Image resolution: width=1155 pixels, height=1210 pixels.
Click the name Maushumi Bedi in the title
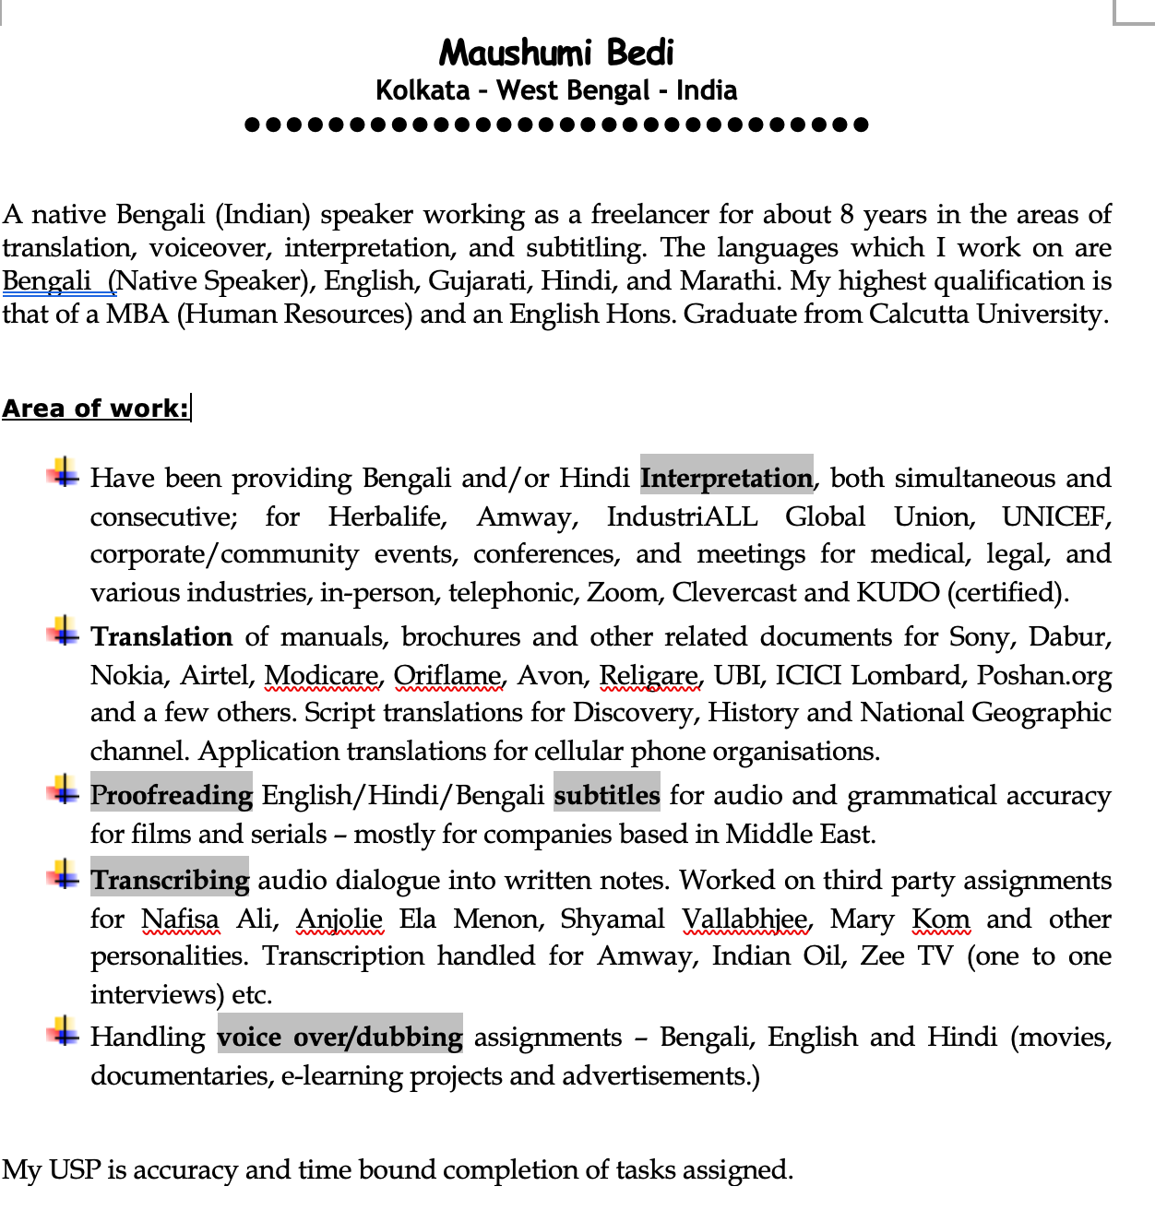click(556, 53)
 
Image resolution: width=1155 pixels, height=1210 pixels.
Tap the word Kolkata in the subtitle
click(423, 90)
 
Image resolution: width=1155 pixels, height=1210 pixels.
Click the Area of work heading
click(95, 409)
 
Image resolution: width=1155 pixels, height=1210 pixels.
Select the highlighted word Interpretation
click(726, 478)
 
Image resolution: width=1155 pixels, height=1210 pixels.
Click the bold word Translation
click(161, 636)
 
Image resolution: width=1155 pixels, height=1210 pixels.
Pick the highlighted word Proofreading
click(172, 795)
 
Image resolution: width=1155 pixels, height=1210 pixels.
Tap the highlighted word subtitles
click(607, 795)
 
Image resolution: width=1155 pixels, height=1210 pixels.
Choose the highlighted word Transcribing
click(170, 880)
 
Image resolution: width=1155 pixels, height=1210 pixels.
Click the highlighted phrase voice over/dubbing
click(339, 1037)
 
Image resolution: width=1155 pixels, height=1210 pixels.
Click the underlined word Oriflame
click(447, 675)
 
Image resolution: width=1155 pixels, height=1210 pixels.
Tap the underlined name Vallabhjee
click(745, 919)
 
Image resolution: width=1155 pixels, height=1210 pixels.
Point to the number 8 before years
click(847, 214)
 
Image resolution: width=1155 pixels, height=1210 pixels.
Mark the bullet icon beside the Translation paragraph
click(64, 632)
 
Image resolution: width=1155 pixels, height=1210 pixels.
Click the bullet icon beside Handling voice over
click(64, 1031)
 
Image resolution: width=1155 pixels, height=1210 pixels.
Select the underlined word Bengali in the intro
click(46, 280)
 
